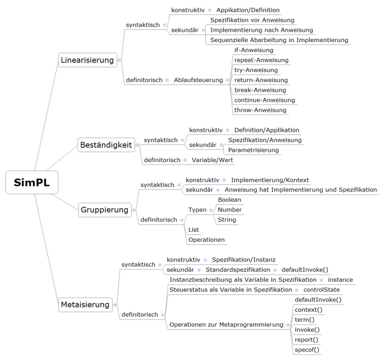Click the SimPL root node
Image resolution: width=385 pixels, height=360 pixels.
[32, 183]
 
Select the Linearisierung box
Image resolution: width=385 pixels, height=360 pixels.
[87, 60]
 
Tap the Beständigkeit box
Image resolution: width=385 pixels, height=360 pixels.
[106, 145]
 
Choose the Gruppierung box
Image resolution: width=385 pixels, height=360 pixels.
[105, 210]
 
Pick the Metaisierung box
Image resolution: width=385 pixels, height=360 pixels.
[85, 305]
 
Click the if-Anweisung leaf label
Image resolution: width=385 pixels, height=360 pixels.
[254, 50]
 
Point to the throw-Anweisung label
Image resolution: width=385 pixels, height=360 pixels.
[260, 110]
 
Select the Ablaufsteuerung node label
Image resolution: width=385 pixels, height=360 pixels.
[199, 80]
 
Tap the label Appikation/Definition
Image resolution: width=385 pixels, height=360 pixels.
[248, 10]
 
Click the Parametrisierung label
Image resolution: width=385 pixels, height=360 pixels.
[253, 150]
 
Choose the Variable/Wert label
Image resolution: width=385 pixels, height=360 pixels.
[213, 160]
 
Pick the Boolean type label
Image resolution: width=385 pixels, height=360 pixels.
[230, 200]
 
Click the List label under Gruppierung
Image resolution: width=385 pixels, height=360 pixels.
[194, 230]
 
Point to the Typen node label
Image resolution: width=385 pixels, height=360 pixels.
[198, 210]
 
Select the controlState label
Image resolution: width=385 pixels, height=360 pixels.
[322, 290]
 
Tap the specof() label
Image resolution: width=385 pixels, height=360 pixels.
[307, 349]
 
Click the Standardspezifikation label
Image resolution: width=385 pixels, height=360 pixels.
[238, 270]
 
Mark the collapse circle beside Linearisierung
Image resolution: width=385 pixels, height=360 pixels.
[119, 60]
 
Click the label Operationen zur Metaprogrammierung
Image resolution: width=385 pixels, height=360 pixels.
[227, 324]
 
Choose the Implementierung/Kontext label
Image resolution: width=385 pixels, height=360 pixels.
[270, 180]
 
